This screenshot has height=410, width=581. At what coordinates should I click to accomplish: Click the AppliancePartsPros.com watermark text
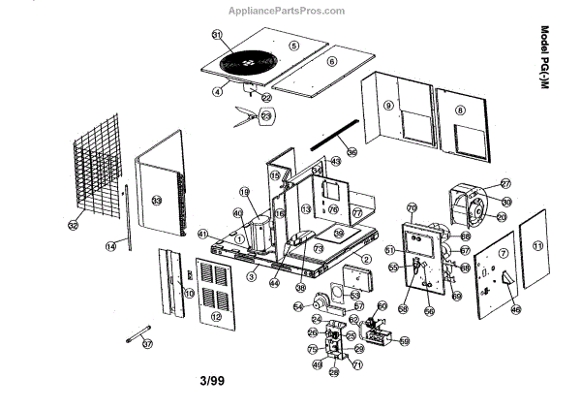287,11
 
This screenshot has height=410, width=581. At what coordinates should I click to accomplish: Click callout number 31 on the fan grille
217,35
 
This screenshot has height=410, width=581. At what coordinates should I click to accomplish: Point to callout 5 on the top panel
294,45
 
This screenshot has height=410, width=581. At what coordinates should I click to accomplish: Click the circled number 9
387,106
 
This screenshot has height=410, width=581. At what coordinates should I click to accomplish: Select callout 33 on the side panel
156,201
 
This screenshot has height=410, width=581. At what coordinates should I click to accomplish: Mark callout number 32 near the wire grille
73,225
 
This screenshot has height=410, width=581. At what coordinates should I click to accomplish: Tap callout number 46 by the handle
515,309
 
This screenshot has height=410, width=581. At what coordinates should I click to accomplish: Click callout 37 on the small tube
147,343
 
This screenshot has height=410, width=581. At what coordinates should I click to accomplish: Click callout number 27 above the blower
505,183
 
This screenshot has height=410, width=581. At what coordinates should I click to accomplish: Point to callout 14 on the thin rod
110,247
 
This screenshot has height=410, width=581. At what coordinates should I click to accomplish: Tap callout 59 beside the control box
404,340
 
